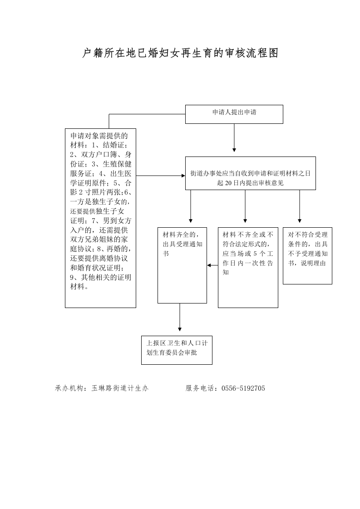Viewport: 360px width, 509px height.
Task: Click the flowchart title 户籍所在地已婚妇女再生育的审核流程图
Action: click(x=180, y=53)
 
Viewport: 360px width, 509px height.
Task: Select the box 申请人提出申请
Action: click(x=234, y=114)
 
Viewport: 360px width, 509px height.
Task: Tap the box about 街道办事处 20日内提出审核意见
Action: click(x=251, y=173)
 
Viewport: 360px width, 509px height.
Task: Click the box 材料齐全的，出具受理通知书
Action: click(x=182, y=265)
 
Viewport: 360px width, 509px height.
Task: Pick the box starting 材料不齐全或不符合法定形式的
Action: click(x=248, y=268)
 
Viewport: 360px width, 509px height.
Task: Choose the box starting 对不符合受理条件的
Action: click(x=307, y=256)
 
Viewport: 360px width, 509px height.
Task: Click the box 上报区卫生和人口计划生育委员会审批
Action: click(x=177, y=350)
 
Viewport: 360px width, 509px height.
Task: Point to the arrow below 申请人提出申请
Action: click(x=234, y=137)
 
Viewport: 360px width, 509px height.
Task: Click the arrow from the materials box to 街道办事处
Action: click(x=161, y=176)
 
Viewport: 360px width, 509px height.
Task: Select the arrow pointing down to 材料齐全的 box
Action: click(x=191, y=206)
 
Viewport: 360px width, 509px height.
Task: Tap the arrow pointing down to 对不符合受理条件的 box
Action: click(x=300, y=206)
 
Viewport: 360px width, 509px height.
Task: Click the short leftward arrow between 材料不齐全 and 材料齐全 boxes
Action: click(x=212, y=265)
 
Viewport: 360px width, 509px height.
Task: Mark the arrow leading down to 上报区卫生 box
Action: click(x=180, y=317)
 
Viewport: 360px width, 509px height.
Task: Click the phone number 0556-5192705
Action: click(x=243, y=388)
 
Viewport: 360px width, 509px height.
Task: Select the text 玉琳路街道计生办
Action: click(x=120, y=388)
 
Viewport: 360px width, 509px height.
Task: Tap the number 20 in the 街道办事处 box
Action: click(x=228, y=183)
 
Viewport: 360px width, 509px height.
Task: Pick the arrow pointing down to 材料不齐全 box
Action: click(x=245, y=206)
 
